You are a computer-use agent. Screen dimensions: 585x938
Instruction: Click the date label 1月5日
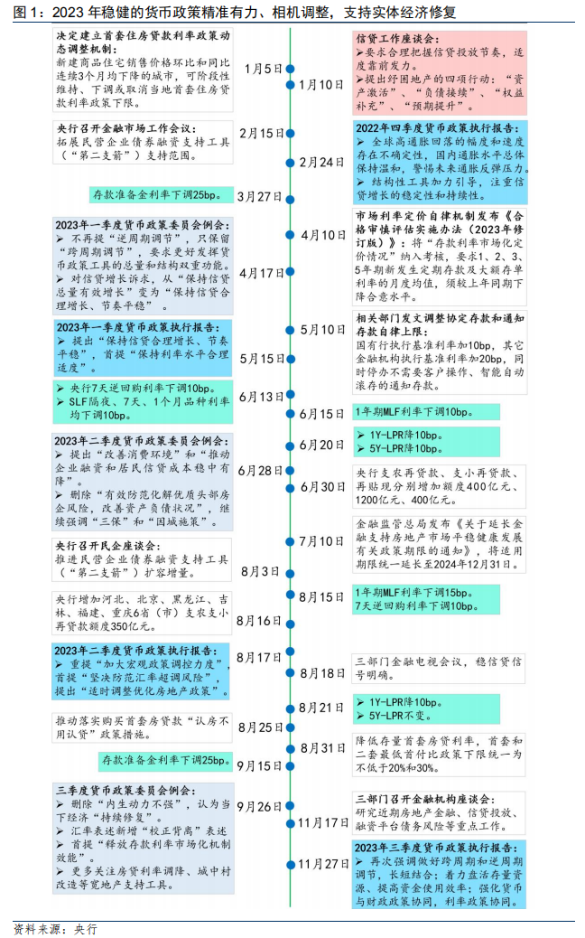[264, 69]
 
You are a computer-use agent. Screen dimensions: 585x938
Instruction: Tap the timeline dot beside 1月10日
[291, 84]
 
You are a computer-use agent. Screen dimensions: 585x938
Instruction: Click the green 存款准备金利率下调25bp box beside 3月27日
[154, 195]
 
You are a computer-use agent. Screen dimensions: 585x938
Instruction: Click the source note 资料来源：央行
[55, 928]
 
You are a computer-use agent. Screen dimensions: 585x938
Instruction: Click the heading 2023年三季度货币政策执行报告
[437, 848]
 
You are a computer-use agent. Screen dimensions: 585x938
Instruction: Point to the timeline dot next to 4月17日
[291, 272]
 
